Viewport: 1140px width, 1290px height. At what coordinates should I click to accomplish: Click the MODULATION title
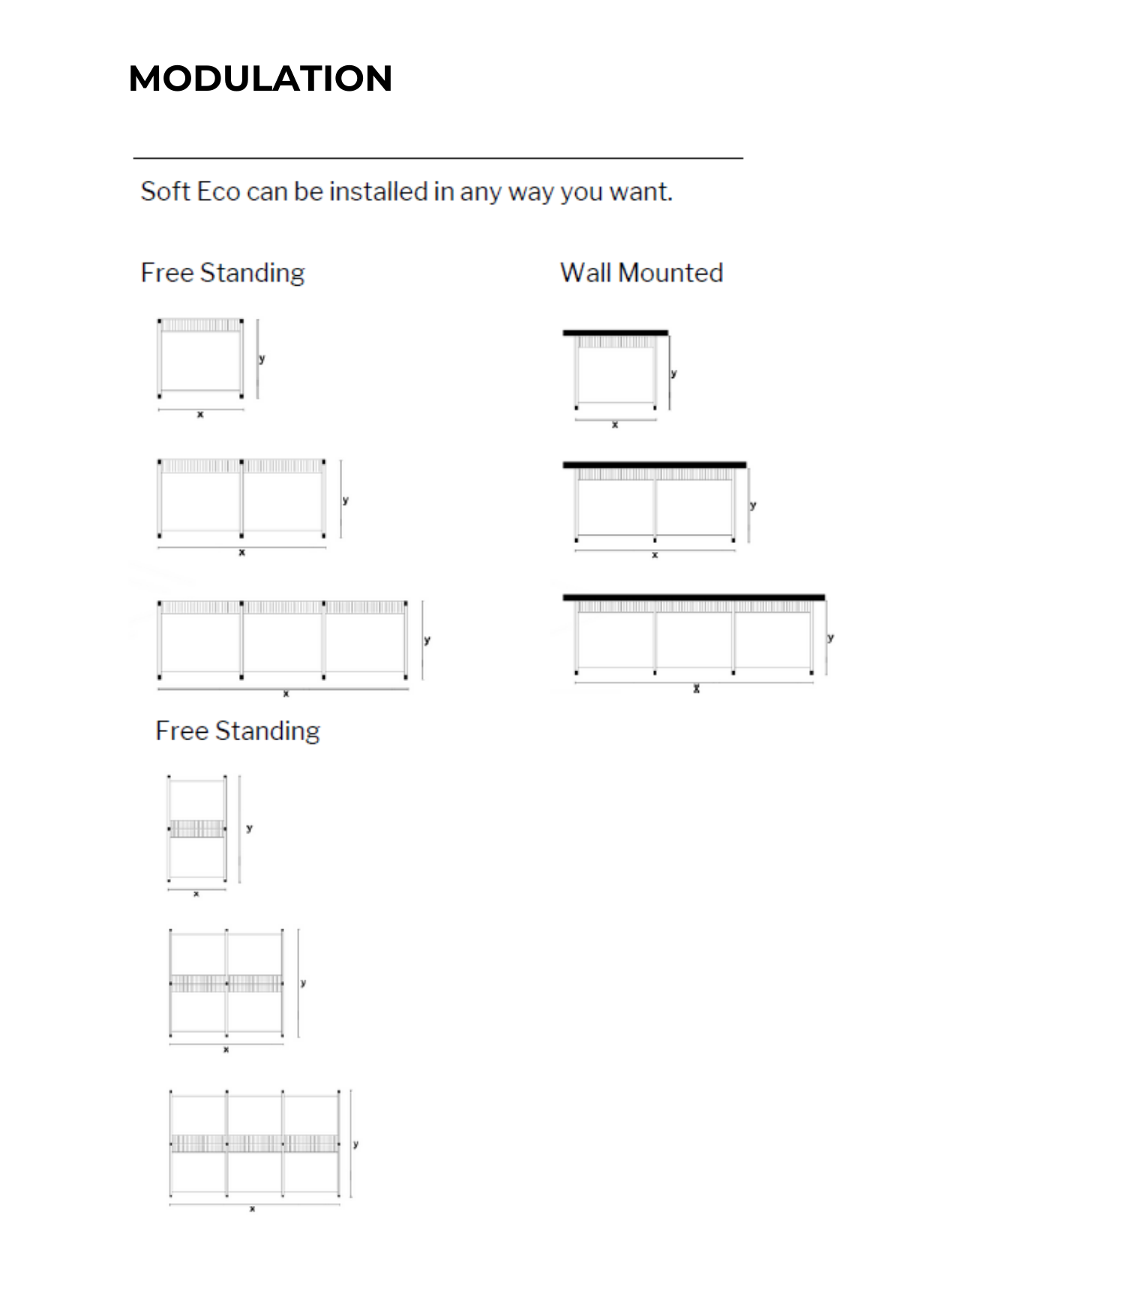(260, 78)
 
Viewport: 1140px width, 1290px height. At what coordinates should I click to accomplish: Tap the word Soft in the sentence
(165, 191)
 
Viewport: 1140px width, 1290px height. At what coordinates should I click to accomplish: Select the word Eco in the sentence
(218, 191)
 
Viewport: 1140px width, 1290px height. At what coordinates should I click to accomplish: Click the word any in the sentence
(480, 193)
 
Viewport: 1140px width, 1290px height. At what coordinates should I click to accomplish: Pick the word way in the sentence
(531, 193)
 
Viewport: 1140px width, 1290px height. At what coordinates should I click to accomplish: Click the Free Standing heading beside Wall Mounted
(223, 272)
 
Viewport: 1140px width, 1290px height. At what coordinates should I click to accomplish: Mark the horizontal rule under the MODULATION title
(438, 158)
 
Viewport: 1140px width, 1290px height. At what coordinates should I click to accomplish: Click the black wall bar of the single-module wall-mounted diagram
(615, 333)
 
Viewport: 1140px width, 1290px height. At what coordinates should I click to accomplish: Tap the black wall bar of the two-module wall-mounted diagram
(654, 465)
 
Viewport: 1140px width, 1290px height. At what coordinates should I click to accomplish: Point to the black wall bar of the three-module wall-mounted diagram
(694, 598)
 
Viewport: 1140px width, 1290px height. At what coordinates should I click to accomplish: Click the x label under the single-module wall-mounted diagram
(615, 424)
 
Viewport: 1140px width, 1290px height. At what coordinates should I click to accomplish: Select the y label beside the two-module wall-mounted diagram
(753, 505)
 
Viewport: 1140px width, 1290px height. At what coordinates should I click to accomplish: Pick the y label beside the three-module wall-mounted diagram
(830, 637)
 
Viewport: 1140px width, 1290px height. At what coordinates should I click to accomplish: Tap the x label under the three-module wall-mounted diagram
(697, 688)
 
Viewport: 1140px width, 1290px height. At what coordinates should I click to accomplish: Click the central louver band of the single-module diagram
(196, 828)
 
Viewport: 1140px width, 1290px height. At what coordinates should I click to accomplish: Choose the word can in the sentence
(267, 192)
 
